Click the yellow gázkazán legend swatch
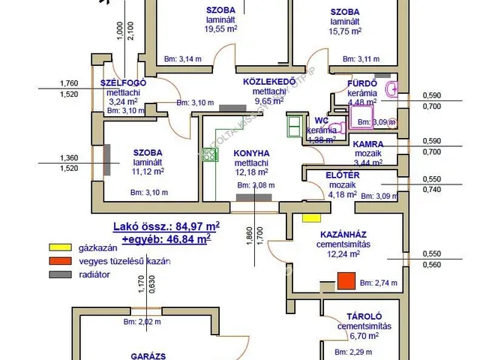click(x=59, y=247)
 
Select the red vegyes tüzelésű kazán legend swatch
click(x=59, y=261)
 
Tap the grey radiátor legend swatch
click(x=59, y=274)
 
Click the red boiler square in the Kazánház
click(x=345, y=281)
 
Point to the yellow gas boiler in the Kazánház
click(x=310, y=219)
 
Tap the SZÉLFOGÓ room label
click(x=122, y=82)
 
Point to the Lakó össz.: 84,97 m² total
click(x=166, y=226)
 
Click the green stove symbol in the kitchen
click(x=209, y=155)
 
